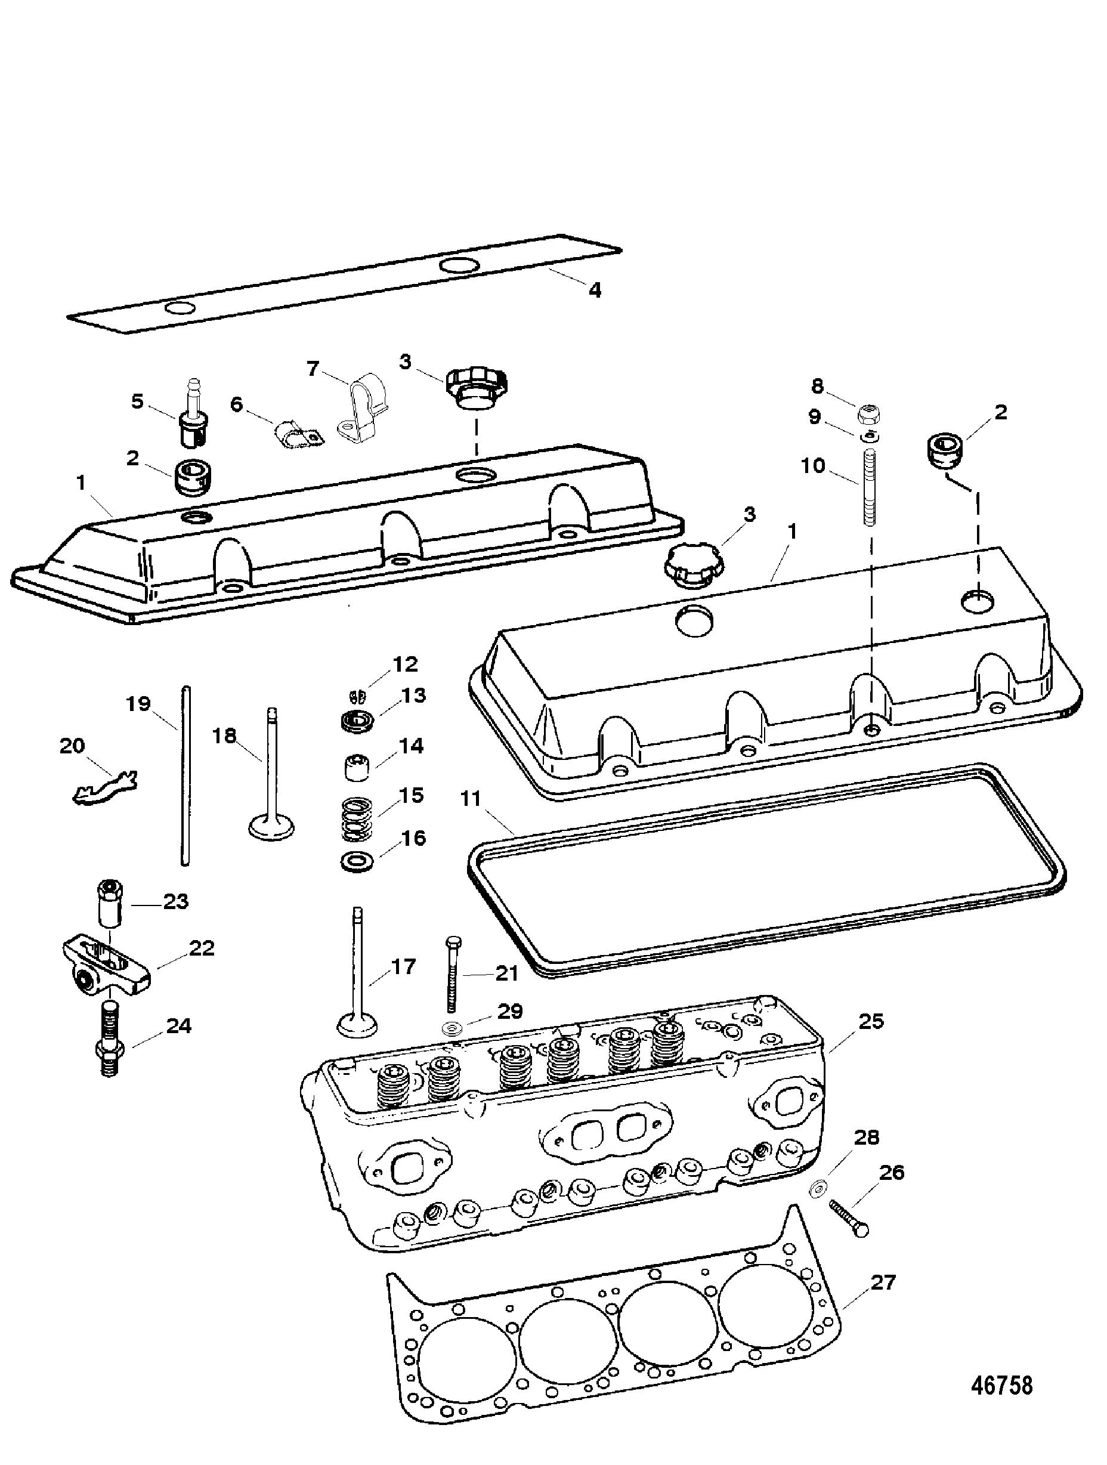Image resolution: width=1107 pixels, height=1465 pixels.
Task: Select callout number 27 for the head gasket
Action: [x=883, y=1282]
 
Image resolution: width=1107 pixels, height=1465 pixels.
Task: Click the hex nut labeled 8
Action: [x=868, y=415]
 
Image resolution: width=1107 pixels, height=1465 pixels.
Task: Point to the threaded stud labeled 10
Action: [x=869, y=486]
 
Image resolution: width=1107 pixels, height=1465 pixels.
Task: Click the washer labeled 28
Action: [x=818, y=1188]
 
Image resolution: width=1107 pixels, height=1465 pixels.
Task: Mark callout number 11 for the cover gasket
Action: [x=471, y=798]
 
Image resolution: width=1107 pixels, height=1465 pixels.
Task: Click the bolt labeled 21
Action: [x=452, y=972]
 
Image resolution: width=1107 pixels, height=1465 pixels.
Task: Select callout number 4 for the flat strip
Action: [x=595, y=289]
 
